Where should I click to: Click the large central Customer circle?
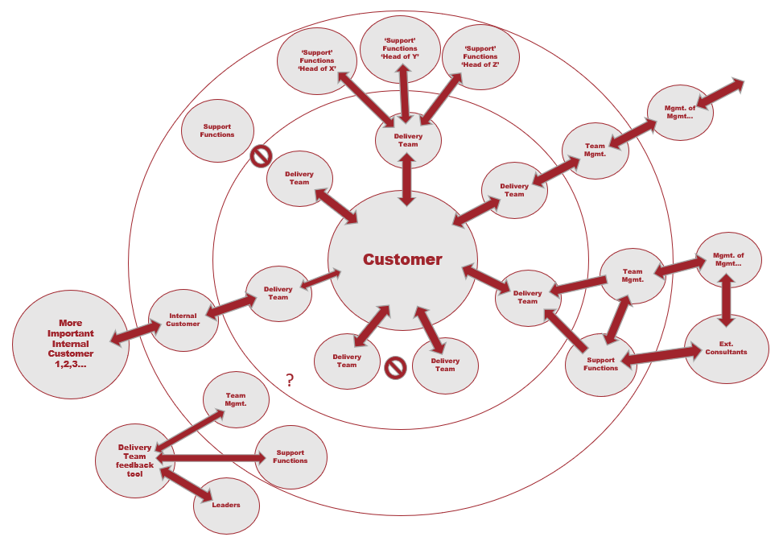coord(402,259)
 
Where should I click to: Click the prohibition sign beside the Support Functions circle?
coord(261,155)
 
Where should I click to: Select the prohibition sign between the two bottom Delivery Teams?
coord(394,368)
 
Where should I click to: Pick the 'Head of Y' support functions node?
coord(400,48)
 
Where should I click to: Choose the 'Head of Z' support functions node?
coord(481,57)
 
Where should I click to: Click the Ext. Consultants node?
coord(726,349)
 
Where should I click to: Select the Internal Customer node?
coord(183,320)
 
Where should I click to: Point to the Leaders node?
coord(227,505)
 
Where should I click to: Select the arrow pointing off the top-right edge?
coord(720,92)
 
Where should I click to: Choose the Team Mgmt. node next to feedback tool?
coord(236,399)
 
